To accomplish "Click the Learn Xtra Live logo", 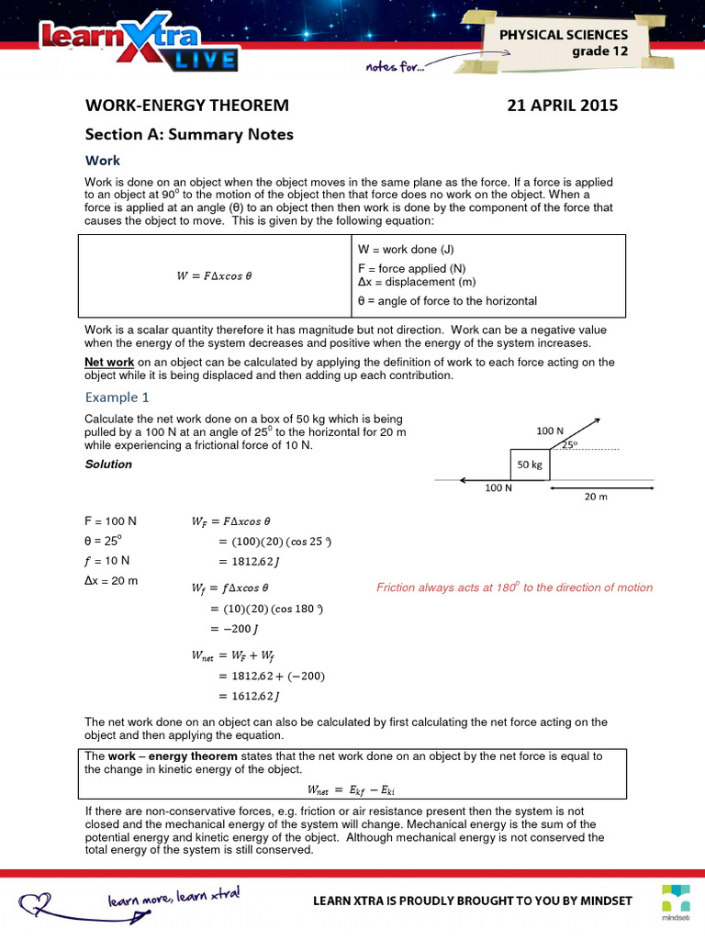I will [x=138, y=46].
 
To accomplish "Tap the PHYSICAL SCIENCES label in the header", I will [x=564, y=35].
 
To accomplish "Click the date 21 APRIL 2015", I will [x=563, y=106].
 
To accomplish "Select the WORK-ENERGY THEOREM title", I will [x=186, y=106].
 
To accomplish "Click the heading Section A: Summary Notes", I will [x=189, y=135].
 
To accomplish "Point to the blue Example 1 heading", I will [x=117, y=397].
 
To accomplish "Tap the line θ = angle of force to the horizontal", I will [x=447, y=301].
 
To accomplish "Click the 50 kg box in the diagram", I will [x=530, y=464].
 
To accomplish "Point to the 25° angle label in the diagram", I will [x=570, y=444].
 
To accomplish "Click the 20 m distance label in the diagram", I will [x=597, y=497].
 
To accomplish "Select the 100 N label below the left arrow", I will [x=498, y=488].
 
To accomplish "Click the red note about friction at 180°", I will [x=514, y=587].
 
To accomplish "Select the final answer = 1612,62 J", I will [x=251, y=697].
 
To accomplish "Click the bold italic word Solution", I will [x=108, y=464].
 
